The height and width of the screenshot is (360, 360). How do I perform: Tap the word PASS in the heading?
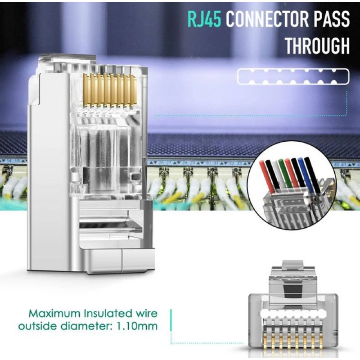332,20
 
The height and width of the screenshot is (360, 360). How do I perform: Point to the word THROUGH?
317,46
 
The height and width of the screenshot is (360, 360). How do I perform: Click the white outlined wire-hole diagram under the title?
292,76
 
